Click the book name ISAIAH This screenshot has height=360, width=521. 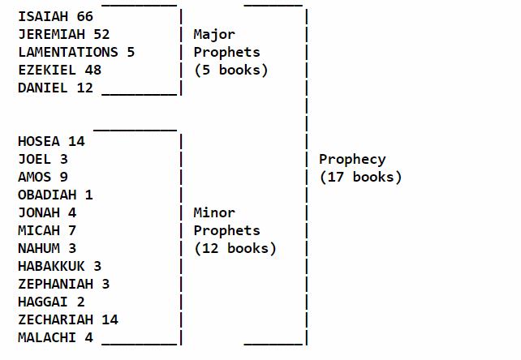(x=44, y=16)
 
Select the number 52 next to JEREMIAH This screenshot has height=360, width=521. (x=100, y=34)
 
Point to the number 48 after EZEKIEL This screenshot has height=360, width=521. (x=92, y=70)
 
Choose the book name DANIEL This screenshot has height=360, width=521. (x=44, y=88)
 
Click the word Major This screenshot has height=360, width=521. (x=214, y=34)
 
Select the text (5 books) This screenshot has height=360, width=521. (x=230, y=70)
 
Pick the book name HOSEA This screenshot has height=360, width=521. (x=40, y=141)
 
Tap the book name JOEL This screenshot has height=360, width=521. (x=35, y=159)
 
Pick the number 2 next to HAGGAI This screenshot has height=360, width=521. (x=80, y=302)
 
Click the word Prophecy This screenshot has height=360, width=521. (x=352, y=159)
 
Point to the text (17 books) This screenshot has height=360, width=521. (x=360, y=177)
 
